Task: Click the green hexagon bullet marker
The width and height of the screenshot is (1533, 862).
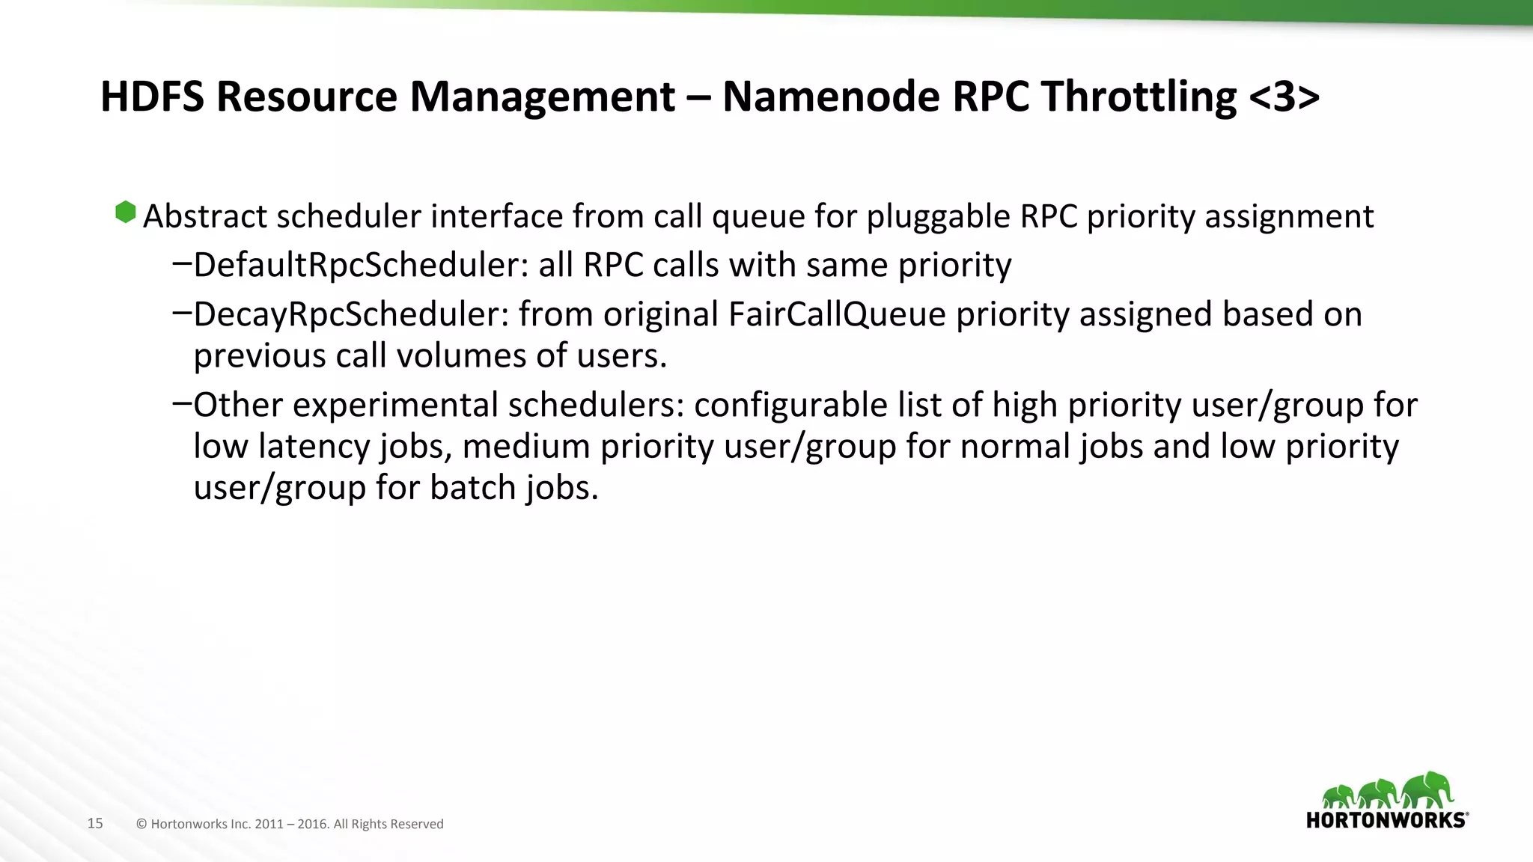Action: pos(126,213)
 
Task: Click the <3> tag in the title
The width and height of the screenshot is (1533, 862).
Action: pos(1284,97)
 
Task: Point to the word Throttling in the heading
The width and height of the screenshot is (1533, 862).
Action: pos(1139,98)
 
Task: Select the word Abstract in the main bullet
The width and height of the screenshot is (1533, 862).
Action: pos(205,216)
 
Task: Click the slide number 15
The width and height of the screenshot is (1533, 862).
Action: pos(95,823)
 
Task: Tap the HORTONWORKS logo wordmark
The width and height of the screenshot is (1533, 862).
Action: pos(1386,820)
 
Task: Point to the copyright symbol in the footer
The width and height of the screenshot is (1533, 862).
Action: pos(141,824)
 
